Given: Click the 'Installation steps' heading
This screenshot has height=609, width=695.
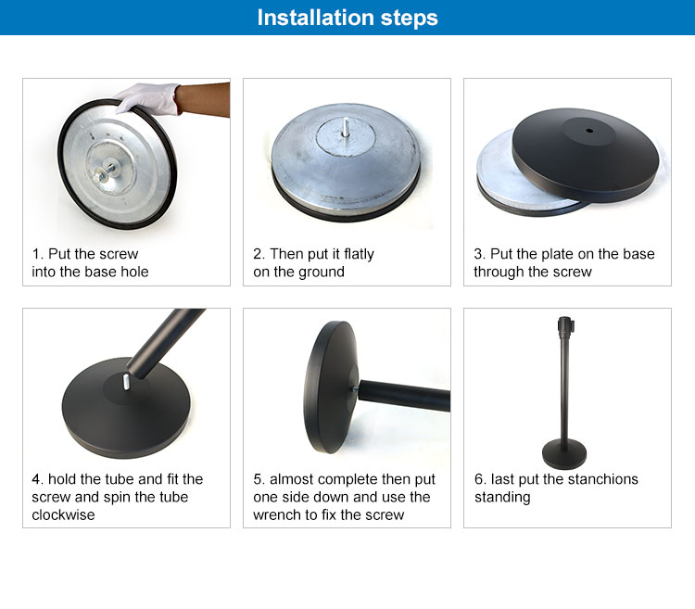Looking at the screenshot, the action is tap(347, 18).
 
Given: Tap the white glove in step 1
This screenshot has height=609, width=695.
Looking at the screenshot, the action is tap(148, 98).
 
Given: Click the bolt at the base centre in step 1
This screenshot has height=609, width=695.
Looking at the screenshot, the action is tap(103, 172).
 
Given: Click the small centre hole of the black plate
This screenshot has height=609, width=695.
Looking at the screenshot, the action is tap(589, 131).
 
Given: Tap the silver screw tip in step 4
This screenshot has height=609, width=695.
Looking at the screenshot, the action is tap(126, 382).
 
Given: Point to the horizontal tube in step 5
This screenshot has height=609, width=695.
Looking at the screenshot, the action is tap(404, 396).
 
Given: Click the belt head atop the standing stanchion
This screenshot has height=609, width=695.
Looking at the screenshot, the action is tap(565, 325).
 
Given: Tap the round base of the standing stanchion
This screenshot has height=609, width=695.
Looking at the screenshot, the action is tap(564, 453).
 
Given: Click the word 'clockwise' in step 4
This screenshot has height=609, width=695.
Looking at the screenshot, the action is tap(63, 514).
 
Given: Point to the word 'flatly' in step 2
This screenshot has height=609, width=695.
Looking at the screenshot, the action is tap(359, 254).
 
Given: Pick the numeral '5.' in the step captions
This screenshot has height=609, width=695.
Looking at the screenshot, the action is tap(259, 479).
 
